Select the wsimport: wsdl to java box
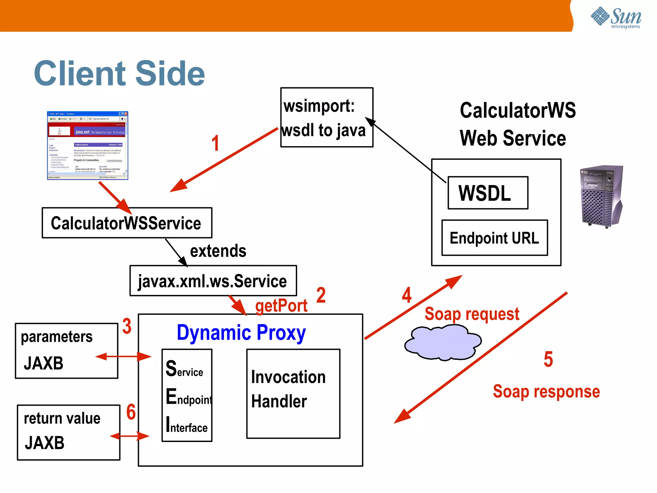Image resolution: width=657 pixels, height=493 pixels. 327,117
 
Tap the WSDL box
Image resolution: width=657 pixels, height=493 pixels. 487,193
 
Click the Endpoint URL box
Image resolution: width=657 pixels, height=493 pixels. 494,238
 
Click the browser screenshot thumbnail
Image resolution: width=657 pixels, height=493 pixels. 88,145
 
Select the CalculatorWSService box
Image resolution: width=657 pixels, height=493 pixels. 127,223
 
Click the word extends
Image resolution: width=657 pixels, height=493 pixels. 218,251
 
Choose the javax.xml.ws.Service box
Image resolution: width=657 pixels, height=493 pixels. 213,281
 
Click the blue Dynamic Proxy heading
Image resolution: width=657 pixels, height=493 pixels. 241,333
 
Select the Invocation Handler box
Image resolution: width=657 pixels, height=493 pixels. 293,394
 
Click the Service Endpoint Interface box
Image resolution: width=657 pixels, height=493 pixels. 187,395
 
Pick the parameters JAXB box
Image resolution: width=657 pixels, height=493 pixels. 66,351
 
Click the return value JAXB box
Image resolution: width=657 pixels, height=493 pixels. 68,432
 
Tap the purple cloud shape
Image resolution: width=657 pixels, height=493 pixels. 443,342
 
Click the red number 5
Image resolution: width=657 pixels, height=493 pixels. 548,359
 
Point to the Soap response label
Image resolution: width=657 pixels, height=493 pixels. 546,392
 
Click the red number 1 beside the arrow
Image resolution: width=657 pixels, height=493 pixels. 215,143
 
